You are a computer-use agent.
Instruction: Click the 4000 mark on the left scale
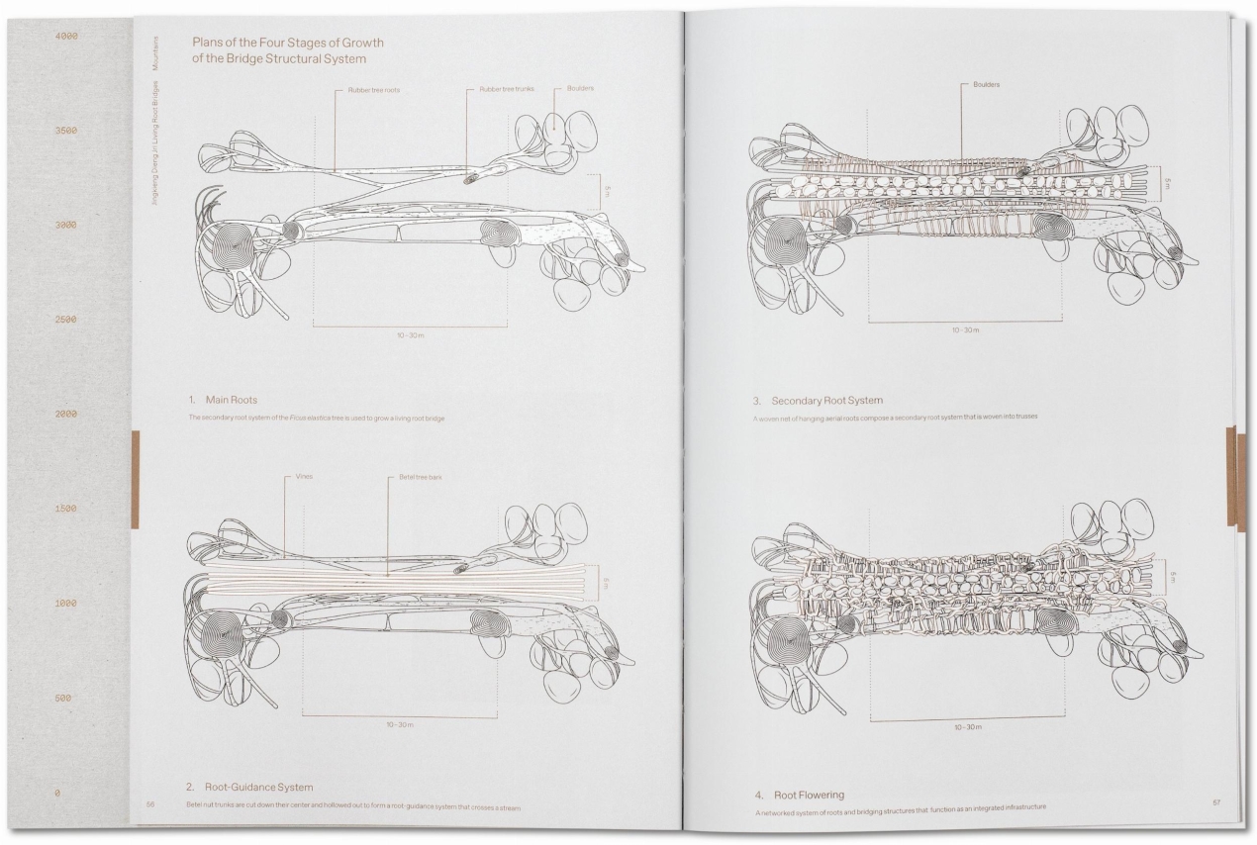point(66,37)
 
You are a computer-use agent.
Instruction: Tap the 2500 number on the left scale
point(66,320)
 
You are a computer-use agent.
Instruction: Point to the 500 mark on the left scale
point(64,699)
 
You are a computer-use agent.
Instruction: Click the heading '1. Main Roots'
point(223,400)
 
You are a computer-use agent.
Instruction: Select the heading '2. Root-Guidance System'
point(249,787)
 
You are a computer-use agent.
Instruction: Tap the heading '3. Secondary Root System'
point(817,401)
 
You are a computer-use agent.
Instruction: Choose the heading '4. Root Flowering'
point(798,795)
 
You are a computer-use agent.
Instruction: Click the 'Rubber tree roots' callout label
point(373,89)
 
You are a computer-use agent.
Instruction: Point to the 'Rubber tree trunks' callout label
point(507,89)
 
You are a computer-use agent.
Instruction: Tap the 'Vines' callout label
point(304,476)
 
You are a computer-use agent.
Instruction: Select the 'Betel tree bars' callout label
point(422,476)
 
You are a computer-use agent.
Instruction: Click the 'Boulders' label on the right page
point(987,84)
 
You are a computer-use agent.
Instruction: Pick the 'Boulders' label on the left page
point(580,89)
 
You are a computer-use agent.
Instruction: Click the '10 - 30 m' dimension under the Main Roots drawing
point(411,335)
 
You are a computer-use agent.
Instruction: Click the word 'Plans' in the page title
point(209,44)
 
